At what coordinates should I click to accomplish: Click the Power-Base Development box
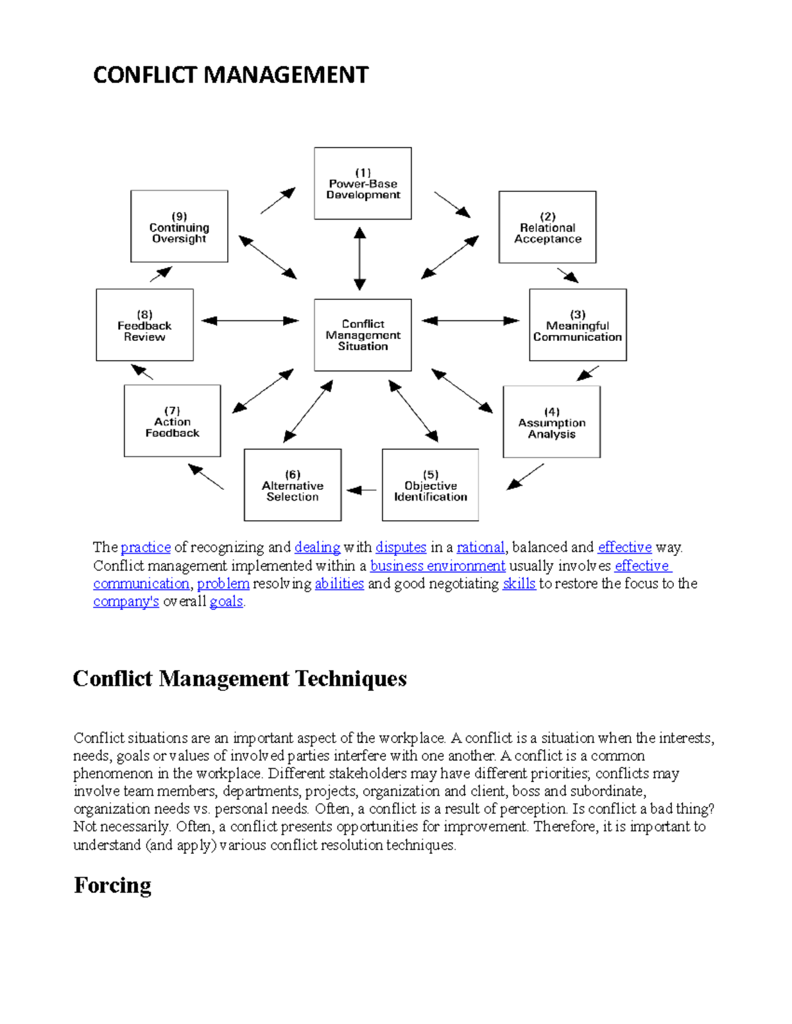(x=362, y=183)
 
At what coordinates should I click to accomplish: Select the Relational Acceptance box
(x=547, y=227)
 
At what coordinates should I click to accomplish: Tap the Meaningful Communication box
(x=577, y=325)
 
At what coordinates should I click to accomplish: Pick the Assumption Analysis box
(x=551, y=422)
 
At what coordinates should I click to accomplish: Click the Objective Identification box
(x=430, y=485)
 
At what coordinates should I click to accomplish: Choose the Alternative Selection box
(x=292, y=485)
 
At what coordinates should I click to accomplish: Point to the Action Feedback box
(x=172, y=421)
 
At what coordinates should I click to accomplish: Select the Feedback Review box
(x=145, y=325)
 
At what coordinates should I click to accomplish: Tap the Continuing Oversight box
(x=179, y=227)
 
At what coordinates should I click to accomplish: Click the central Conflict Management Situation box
(x=362, y=335)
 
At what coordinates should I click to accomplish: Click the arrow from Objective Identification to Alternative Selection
(x=362, y=490)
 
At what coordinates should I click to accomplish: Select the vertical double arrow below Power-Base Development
(x=360, y=258)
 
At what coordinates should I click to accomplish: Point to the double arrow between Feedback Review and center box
(x=250, y=321)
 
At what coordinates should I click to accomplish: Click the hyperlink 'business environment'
(x=438, y=566)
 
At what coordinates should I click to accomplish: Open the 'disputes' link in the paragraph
(x=401, y=547)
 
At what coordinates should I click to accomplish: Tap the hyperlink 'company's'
(x=126, y=601)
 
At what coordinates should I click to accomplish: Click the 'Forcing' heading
(x=113, y=885)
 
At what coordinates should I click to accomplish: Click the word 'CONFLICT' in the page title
(x=146, y=75)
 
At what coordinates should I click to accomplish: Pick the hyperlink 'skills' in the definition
(x=519, y=584)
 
